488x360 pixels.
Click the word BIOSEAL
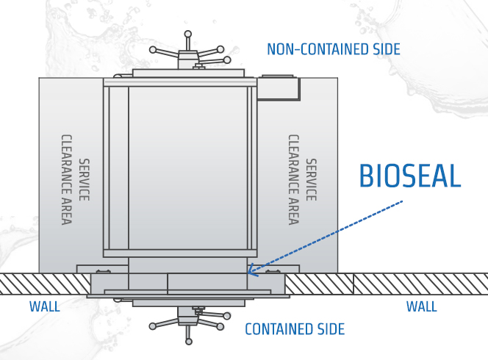coord(409,176)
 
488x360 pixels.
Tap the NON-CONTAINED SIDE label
coord(333,49)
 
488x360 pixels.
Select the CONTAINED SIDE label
coord(294,328)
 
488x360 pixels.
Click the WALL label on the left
coord(45,306)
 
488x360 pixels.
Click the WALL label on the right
coord(422,306)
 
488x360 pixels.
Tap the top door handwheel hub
coord(188,55)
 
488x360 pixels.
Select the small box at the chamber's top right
coord(278,86)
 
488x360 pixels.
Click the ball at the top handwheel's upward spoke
coord(188,34)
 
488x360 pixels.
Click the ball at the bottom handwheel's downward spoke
coord(188,340)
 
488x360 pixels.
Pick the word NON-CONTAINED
coord(312,49)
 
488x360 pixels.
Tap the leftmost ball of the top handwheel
coord(153,50)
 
